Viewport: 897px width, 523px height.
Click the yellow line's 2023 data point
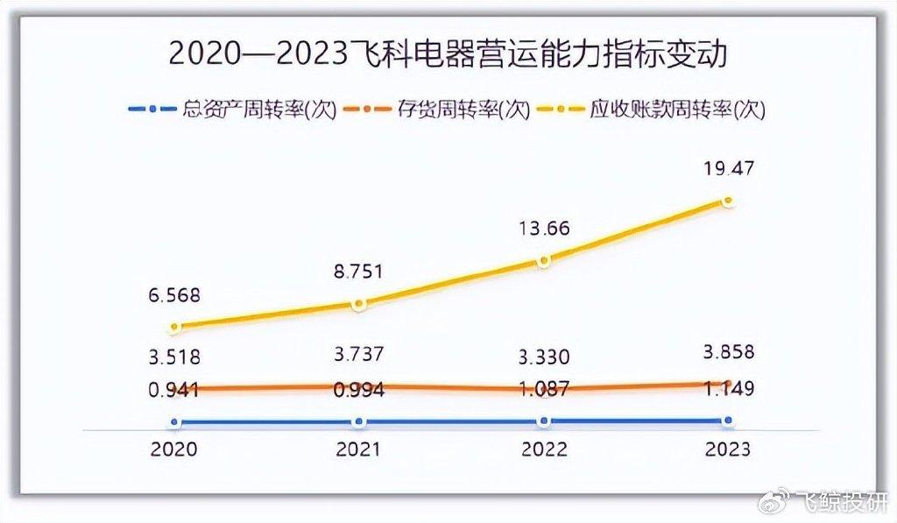[727, 201]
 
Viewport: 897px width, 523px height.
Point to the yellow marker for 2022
[544, 261]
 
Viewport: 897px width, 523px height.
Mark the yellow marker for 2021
[357, 304]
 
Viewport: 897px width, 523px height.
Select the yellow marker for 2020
[175, 327]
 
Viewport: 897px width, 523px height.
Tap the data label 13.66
[543, 229]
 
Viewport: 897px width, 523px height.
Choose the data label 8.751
[357, 272]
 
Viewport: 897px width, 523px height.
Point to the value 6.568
[175, 296]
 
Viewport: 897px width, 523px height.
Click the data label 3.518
[175, 357]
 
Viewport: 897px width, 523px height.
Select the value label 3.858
[726, 352]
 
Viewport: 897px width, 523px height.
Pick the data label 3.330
[543, 357]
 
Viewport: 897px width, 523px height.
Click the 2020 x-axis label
[174, 449]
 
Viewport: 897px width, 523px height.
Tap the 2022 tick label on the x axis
[543, 449]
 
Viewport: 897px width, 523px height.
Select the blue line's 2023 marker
[727, 421]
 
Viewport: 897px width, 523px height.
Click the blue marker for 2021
[357, 421]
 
